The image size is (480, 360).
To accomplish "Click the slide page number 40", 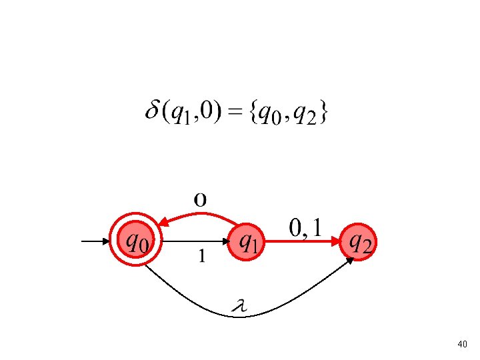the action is [463, 344].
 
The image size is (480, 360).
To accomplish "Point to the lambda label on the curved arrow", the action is [239, 306].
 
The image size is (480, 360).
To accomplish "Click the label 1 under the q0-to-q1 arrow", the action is [201, 255].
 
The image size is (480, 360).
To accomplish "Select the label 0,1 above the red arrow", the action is [306, 229].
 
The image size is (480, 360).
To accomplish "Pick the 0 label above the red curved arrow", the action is [200, 199].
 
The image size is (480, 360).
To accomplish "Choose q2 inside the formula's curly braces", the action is [306, 115].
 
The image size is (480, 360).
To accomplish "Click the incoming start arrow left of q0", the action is [97, 241].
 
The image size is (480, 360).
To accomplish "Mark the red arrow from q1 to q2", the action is [304, 243].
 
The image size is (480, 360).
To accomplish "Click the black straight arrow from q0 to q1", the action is [193, 241].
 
